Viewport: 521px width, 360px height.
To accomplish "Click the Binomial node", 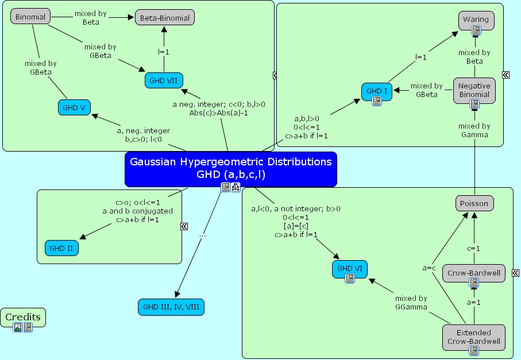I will click(x=30, y=17).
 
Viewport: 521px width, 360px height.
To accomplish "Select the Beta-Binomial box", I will click(x=165, y=18).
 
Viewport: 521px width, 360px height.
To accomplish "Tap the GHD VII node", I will click(x=164, y=81).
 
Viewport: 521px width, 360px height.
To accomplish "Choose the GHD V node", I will click(x=75, y=107).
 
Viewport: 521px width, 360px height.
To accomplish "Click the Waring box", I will click(x=476, y=20).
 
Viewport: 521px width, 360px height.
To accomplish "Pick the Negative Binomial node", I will click(x=474, y=90).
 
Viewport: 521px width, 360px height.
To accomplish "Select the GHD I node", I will click(x=377, y=91).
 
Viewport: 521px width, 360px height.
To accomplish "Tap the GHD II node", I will click(x=61, y=249).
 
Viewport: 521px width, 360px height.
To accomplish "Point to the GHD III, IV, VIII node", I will click(x=171, y=307).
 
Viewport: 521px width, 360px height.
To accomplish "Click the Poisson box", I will click(x=475, y=203).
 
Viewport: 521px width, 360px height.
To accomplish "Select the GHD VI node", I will click(x=349, y=268).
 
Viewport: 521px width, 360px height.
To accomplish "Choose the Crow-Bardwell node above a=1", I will click(x=474, y=272).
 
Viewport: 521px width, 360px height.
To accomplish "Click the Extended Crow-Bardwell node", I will click(x=474, y=336).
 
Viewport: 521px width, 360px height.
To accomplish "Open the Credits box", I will click(x=23, y=317).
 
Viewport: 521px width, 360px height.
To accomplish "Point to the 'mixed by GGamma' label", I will click(x=411, y=303).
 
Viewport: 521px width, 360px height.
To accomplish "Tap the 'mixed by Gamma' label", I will click(x=474, y=130).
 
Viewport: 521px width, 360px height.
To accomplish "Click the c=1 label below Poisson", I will click(x=474, y=248).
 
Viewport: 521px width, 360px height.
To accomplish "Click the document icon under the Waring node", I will click(x=476, y=30).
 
